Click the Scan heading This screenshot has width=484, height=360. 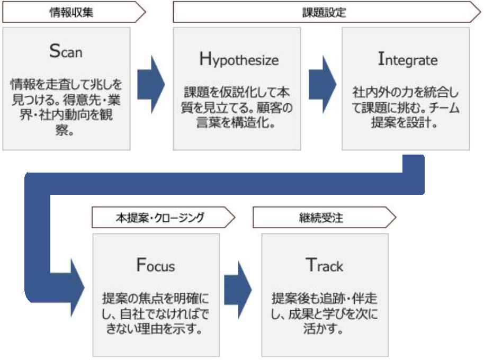(66, 51)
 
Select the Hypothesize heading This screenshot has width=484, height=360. (239, 59)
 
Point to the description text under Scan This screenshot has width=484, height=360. (66, 106)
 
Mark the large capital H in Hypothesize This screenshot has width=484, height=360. (205, 59)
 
